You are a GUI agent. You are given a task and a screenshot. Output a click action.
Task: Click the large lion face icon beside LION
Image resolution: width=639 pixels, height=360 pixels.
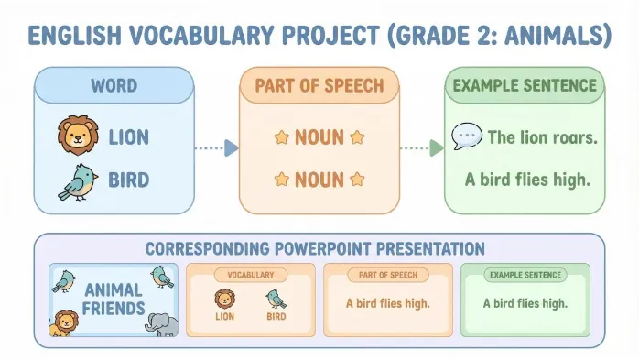[78, 135]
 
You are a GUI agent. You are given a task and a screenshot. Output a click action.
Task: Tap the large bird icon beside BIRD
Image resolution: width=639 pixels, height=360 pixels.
[78, 182]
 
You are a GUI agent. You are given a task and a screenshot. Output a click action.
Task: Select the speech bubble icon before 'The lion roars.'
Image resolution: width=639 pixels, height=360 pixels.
[467, 136]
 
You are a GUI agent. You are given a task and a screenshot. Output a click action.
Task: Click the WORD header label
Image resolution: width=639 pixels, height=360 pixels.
[114, 85]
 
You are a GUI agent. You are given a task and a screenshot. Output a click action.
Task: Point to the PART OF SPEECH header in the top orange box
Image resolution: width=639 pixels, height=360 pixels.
[319, 85]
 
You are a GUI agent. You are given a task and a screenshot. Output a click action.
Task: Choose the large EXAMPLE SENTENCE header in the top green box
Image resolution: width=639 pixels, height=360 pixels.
[525, 85]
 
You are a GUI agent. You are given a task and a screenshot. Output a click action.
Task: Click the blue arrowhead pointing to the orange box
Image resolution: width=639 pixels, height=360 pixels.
[231, 147]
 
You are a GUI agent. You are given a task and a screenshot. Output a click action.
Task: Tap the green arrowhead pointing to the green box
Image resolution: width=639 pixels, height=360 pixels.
[437, 147]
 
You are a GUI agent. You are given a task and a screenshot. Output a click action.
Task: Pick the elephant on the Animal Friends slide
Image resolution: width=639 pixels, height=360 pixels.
[162, 324]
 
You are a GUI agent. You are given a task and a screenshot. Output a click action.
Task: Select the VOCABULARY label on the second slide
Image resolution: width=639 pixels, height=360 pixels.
[251, 275]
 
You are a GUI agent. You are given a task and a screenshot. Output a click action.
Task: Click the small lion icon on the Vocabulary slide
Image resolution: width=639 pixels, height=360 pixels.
[225, 299]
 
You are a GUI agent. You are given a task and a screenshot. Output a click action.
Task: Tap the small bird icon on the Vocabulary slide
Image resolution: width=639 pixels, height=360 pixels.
[276, 300]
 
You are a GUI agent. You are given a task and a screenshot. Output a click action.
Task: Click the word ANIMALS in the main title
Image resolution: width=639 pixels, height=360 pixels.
[554, 36]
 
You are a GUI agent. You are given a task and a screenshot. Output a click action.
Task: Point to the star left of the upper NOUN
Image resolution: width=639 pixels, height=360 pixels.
[282, 137]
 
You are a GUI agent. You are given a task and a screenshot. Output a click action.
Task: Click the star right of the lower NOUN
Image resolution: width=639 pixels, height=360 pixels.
[357, 179]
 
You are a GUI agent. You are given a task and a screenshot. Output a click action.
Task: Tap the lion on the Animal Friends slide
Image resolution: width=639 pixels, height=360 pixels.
[64, 323]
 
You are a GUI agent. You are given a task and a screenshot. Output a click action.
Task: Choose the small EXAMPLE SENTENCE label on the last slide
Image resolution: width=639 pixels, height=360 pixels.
[525, 275]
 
